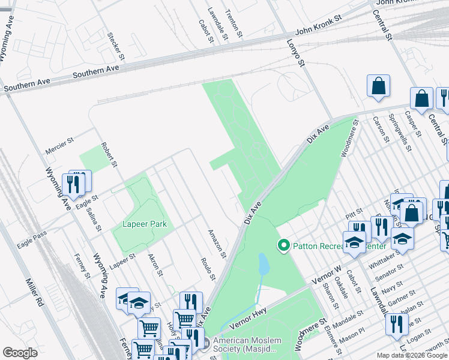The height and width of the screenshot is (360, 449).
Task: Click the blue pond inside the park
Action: (x=264, y=263)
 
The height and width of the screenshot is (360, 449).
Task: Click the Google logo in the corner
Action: (x=20, y=353)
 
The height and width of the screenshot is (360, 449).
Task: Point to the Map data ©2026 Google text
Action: (x=412, y=355)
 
